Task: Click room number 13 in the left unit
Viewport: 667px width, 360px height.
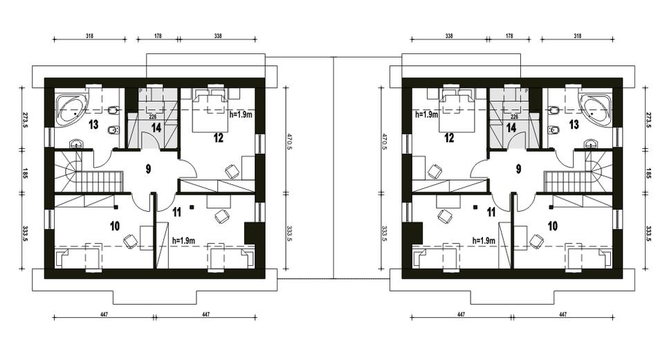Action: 93,124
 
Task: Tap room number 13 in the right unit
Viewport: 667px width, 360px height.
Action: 574,124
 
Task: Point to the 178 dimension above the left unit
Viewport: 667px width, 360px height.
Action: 157,36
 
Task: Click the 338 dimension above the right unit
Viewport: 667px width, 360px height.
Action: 449,36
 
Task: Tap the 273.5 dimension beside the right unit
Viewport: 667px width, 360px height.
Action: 649,120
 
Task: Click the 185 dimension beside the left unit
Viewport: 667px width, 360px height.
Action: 24,174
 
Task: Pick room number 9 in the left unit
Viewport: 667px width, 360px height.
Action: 148,169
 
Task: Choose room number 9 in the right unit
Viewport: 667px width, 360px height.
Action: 518,169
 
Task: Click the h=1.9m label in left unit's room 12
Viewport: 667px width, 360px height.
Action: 241,114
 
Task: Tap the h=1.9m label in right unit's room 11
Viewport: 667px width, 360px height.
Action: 484,241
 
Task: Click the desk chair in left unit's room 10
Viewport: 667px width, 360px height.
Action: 130,241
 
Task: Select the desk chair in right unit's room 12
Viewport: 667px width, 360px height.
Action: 435,171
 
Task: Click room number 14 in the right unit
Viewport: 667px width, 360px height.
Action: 511,127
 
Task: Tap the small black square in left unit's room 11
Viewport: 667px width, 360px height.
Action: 192,207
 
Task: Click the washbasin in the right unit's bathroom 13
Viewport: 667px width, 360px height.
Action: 590,143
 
